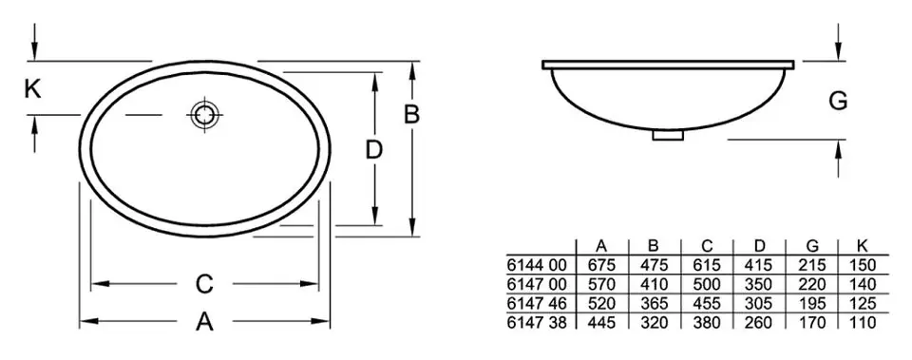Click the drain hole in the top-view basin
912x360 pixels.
tap(205, 115)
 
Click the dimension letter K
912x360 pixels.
tap(32, 89)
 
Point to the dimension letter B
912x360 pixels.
tap(411, 115)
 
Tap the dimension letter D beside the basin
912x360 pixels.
tap(374, 150)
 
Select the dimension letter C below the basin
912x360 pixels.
tap(204, 284)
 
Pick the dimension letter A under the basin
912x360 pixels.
tap(204, 320)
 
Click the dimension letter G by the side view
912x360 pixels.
tap(838, 101)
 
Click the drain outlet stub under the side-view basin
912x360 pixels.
tap(667, 134)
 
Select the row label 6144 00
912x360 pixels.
tap(536, 265)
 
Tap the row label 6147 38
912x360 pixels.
tap(536, 322)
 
